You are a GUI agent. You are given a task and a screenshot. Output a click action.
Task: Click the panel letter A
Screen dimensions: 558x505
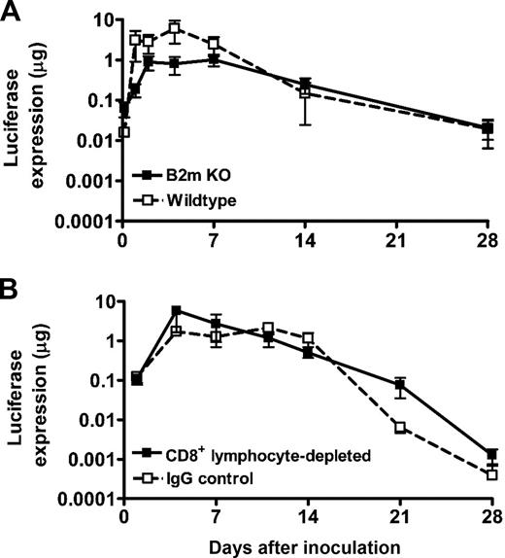13,12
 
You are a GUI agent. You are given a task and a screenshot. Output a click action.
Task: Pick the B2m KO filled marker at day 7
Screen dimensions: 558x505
214,59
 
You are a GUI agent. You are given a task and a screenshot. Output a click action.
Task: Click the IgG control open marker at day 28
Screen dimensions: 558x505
492,475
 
